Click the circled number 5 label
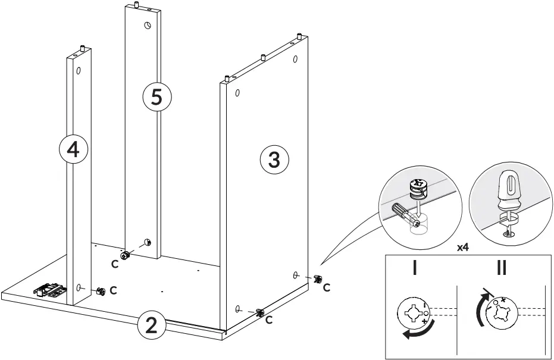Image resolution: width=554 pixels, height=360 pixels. [157, 97]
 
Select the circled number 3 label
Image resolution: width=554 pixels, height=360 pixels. [274, 159]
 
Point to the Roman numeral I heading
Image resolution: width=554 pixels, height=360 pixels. [415, 268]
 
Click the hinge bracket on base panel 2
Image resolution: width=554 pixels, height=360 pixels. [50, 290]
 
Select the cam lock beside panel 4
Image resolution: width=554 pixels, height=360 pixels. [101, 291]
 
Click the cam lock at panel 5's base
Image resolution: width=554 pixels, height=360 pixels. [126, 255]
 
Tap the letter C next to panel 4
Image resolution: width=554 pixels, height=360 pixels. [113, 291]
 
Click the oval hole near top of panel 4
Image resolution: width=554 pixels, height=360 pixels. [78, 70]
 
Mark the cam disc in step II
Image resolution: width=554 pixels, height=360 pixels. [502, 314]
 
